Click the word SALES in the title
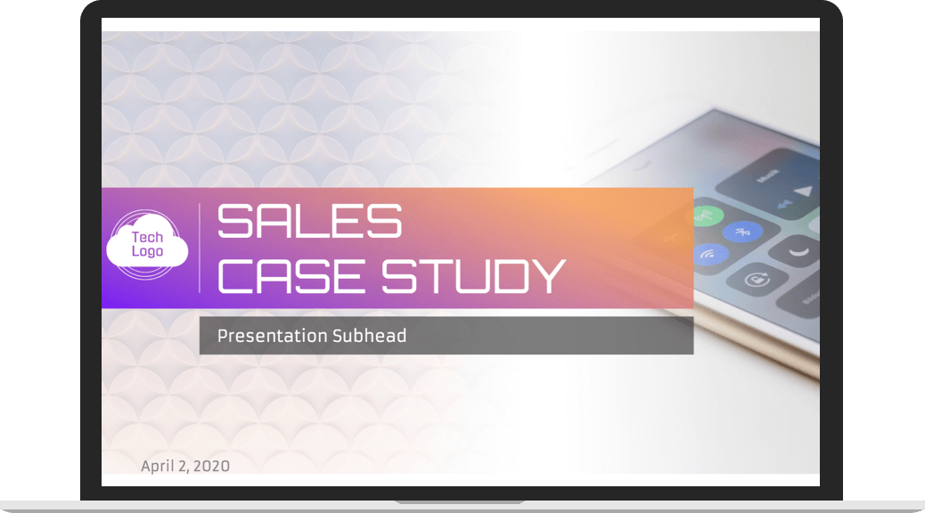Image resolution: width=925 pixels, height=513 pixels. [x=310, y=221]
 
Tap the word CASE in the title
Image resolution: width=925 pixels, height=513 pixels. [x=291, y=276]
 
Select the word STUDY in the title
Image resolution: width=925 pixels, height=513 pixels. [x=474, y=276]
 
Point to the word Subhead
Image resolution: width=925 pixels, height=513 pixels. [x=369, y=336]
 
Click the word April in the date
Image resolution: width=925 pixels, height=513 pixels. [x=158, y=467]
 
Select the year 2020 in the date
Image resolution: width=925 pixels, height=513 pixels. [x=212, y=467]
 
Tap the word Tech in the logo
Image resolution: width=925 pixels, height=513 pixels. [x=147, y=237]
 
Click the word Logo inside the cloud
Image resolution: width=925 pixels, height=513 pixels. [x=147, y=252]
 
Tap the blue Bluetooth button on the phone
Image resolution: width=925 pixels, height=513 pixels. [x=743, y=232]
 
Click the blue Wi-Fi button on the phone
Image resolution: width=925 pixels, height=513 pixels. [x=708, y=254]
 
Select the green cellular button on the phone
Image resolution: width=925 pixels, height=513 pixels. [x=705, y=216]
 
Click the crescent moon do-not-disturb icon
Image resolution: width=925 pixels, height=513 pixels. [x=798, y=252]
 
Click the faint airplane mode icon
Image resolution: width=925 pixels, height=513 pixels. [x=669, y=238]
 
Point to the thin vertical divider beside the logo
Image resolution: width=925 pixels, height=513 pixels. [x=200, y=248]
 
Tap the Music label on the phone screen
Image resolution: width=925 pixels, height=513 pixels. [x=767, y=175]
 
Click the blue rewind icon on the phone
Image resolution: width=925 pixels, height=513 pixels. [x=783, y=203]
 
